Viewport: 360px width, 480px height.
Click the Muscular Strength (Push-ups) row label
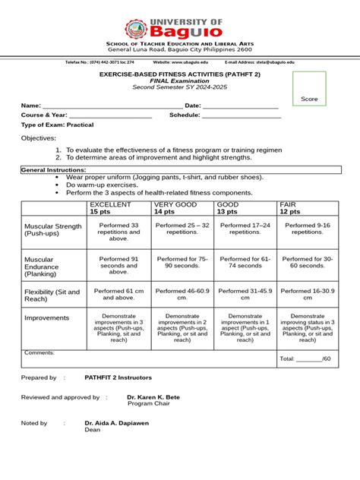pos(53,230)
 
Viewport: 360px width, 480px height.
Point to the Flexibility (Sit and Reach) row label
pos(53,295)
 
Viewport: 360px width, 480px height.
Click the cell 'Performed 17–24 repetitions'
pos(245,230)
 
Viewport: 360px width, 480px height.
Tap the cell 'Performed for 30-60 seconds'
pos(308,263)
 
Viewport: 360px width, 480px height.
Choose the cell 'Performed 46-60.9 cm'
pos(182,295)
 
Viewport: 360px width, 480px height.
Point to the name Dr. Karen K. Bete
pos(154,397)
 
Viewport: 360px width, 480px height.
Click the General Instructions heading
pos(54,169)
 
